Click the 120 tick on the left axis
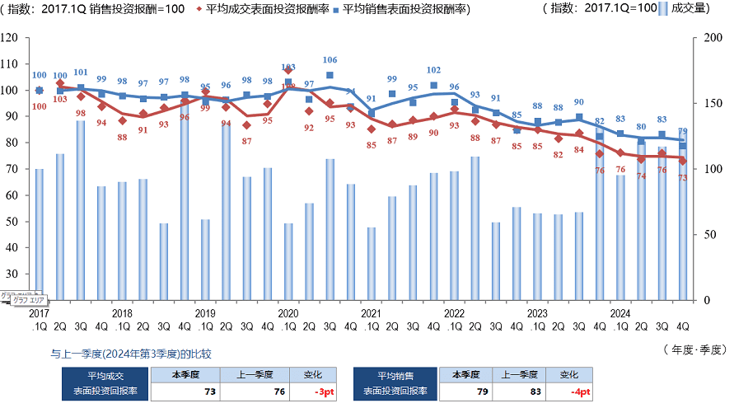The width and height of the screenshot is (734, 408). [x=10, y=37]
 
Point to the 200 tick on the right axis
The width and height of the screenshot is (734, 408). [x=705, y=37]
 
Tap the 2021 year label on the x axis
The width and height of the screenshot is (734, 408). [x=371, y=313]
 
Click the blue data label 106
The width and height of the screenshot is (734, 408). [x=330, y=60]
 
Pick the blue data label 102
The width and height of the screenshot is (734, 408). [x=433, y=70]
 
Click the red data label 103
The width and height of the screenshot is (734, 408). [x=60, y=99]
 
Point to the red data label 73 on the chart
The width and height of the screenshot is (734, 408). [x=683, y=178]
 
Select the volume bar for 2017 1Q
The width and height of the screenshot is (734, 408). [x=40, y=235]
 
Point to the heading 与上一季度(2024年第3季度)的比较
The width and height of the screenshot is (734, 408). [x=131, y=354]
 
